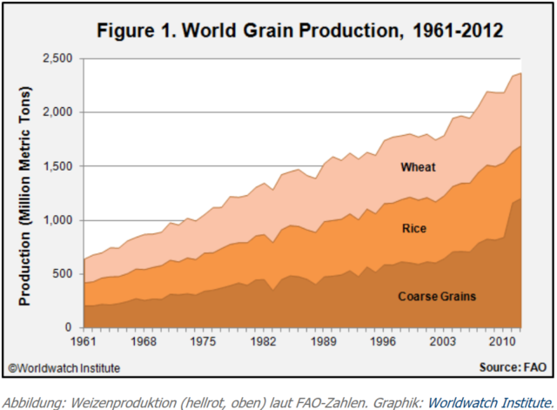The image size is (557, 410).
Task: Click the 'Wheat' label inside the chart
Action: tap(417, 166)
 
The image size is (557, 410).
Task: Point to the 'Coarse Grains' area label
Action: tap(436, 296)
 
